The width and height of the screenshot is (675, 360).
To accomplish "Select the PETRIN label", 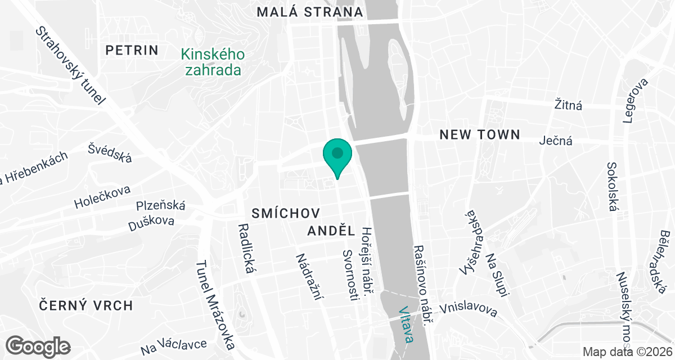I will [x=132, y=50].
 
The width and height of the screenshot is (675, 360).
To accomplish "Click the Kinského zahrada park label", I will [x=212, y=62].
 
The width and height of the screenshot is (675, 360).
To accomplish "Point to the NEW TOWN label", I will [x=479, y=134].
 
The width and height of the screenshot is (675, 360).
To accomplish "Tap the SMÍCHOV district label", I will [x=286, y=213].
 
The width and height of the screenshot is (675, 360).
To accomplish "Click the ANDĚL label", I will [x=332, y=231].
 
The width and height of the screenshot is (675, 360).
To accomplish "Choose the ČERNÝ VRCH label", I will [x=86, y=305].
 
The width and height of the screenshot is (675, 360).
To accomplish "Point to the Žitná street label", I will [x=568, y=105].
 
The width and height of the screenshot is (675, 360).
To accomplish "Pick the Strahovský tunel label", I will [x=70, y=66].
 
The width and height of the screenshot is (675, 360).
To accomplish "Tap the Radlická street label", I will [x=246, y=249].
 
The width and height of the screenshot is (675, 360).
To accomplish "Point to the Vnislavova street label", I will [x=469, y=309].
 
